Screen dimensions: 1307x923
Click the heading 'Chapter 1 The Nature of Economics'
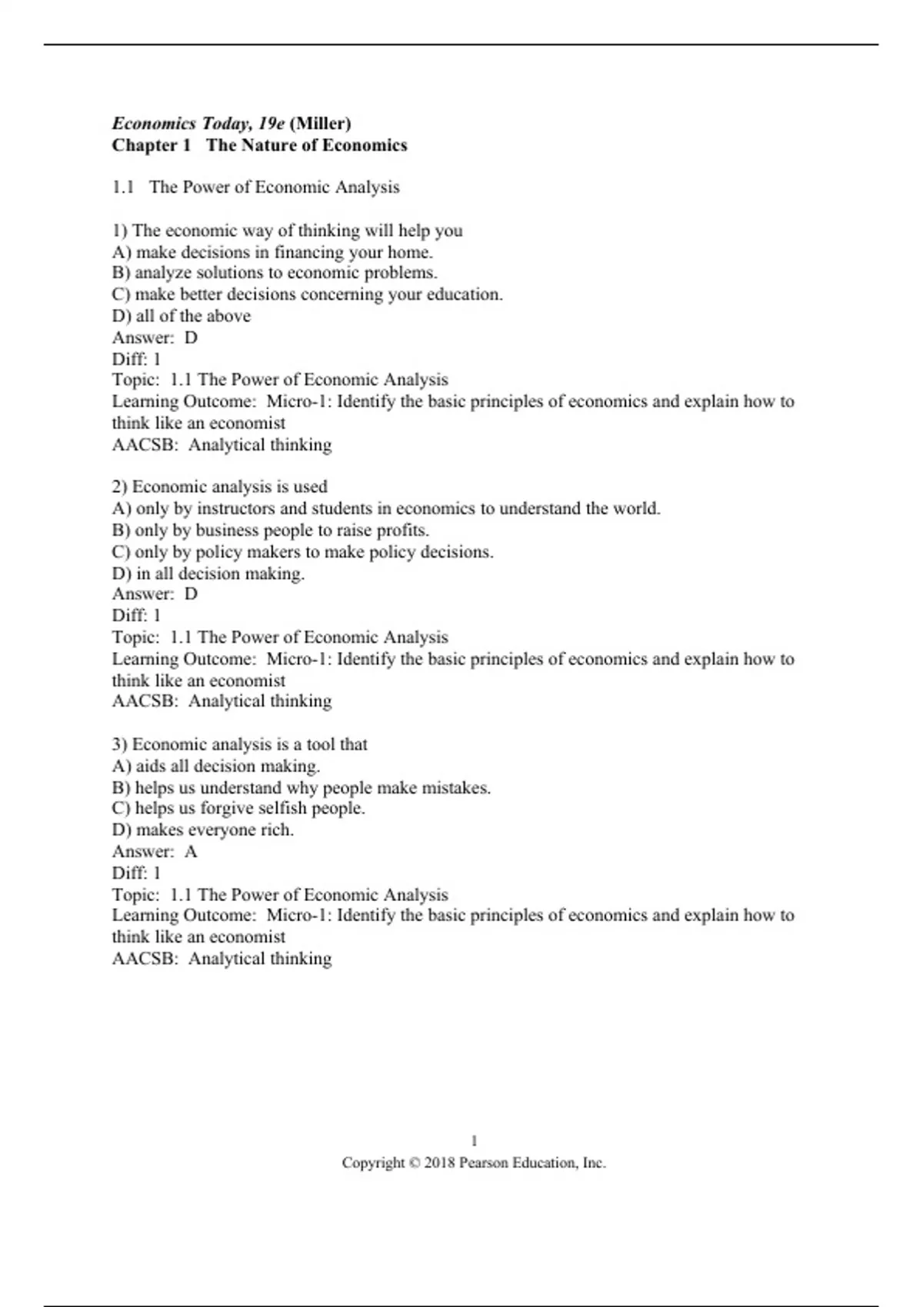pos(259,145)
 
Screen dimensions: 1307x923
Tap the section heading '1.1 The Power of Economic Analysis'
pos(255,188)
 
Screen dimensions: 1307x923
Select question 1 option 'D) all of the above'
pos(181,316)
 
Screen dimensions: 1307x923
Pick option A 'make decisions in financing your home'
pos(272,252)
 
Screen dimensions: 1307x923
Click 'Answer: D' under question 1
pos(155,338)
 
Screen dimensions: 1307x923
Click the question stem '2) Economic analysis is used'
pos(219,487)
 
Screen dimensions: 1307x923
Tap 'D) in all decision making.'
pos(208,574)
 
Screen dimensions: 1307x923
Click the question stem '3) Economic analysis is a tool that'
pos(239,744)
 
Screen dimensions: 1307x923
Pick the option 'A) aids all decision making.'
pos(215,767)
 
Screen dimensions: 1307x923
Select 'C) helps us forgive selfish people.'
pos(238,809)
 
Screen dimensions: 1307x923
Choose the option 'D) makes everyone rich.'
pos(202,830)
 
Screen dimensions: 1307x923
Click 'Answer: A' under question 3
pos(155,852)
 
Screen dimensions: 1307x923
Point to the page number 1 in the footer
pos(474,1141)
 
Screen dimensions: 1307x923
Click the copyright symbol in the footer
pos(415,1163)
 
